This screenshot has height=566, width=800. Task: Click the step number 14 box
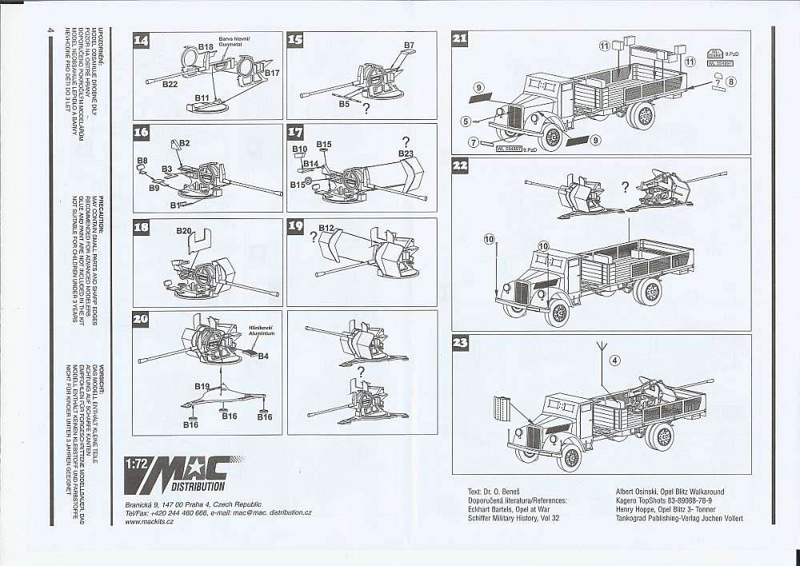(x=141, y=40)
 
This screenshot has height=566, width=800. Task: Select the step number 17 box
(x=295, y=132)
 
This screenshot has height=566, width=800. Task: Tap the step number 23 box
(x=461, y=343)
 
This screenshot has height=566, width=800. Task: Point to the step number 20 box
(x=141, y=318)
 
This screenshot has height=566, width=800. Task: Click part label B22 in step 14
(x=170, y=83)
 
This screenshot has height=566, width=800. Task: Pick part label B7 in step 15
(x=409, y=45)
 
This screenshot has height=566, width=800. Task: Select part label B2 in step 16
(x=183, y=142)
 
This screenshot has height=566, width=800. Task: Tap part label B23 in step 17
(x=406, y=153)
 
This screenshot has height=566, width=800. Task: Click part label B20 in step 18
(x=183, y=231)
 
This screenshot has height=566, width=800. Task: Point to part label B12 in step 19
(x=326, y=229)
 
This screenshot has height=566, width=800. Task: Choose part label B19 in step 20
(x=202, y=386)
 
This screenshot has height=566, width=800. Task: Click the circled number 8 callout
(x=730, y=81)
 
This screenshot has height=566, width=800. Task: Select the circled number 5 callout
(x=466, y=122)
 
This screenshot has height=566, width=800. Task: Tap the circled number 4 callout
(x=614, y=360)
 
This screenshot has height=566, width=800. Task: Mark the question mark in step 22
(x=625, y=187)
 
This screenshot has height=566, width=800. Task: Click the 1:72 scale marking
(x=135, y=462)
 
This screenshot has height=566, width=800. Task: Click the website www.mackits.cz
(x=152, y=521)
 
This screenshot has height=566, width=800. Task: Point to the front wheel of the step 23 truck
(x=570, y=457)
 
